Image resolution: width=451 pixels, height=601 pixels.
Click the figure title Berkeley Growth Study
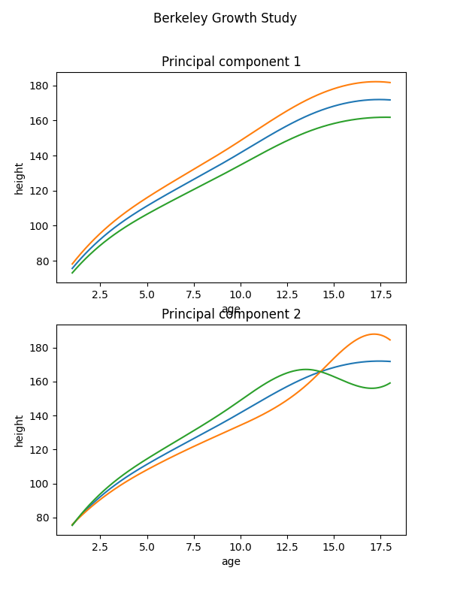coord(225,18)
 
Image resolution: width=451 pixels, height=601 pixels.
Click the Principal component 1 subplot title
coord(231,62)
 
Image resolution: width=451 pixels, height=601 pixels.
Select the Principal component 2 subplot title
coord(231,314)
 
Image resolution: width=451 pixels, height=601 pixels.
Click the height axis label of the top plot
coord(20,178)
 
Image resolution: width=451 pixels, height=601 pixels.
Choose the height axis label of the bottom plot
coord(20,430)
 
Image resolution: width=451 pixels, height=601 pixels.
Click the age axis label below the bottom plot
coord(231,561)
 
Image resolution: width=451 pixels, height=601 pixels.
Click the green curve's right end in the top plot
coord(390,117)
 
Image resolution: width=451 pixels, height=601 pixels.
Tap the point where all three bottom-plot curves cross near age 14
coord(321,371)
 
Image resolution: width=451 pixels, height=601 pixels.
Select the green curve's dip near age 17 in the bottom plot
coord(371,388)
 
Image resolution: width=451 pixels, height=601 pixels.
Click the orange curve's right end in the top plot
coord(390,83)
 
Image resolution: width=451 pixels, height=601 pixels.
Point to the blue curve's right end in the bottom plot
coord(390,361)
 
